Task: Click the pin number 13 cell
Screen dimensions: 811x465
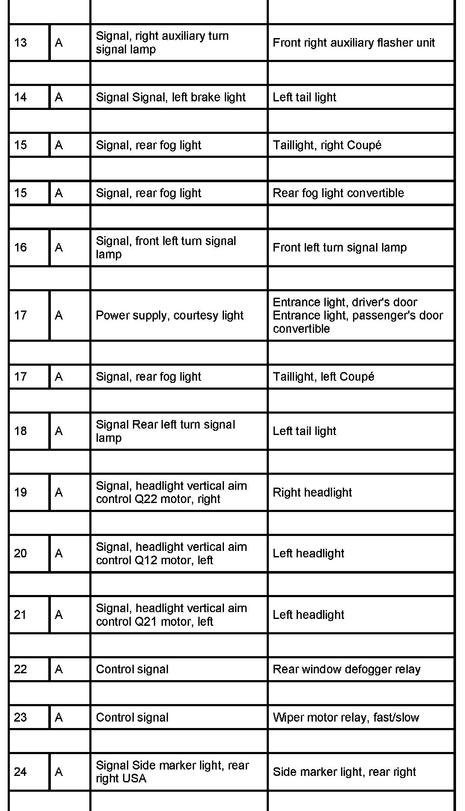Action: [21, 43]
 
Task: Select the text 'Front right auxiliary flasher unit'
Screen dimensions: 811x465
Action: [353, 43]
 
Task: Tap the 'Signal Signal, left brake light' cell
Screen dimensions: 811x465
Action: [171, 98]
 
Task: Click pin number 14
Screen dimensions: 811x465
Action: [21, 98]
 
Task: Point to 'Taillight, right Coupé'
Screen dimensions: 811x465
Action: [327, 145]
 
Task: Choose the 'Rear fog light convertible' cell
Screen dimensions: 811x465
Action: [338, 193]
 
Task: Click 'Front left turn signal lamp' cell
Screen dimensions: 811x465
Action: [339, 248]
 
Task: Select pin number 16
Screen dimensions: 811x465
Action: [21, 248]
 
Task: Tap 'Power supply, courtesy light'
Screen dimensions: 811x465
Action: [169, 316]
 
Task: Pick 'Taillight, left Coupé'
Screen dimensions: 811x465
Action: [324, 377]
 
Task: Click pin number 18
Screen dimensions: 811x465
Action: [21, 431]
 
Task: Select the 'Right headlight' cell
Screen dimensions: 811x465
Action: [312, 493]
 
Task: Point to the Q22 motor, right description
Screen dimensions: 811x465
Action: [171, 493]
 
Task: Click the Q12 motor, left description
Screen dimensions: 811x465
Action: [171, 554]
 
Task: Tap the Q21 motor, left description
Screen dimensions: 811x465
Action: [171, 615]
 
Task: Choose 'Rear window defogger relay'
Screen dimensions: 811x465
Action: [346, 669]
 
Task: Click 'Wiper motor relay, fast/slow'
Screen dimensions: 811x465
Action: [346, 718]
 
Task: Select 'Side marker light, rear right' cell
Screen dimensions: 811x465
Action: [344, 772]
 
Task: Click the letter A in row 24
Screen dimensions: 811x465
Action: [59, 772]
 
